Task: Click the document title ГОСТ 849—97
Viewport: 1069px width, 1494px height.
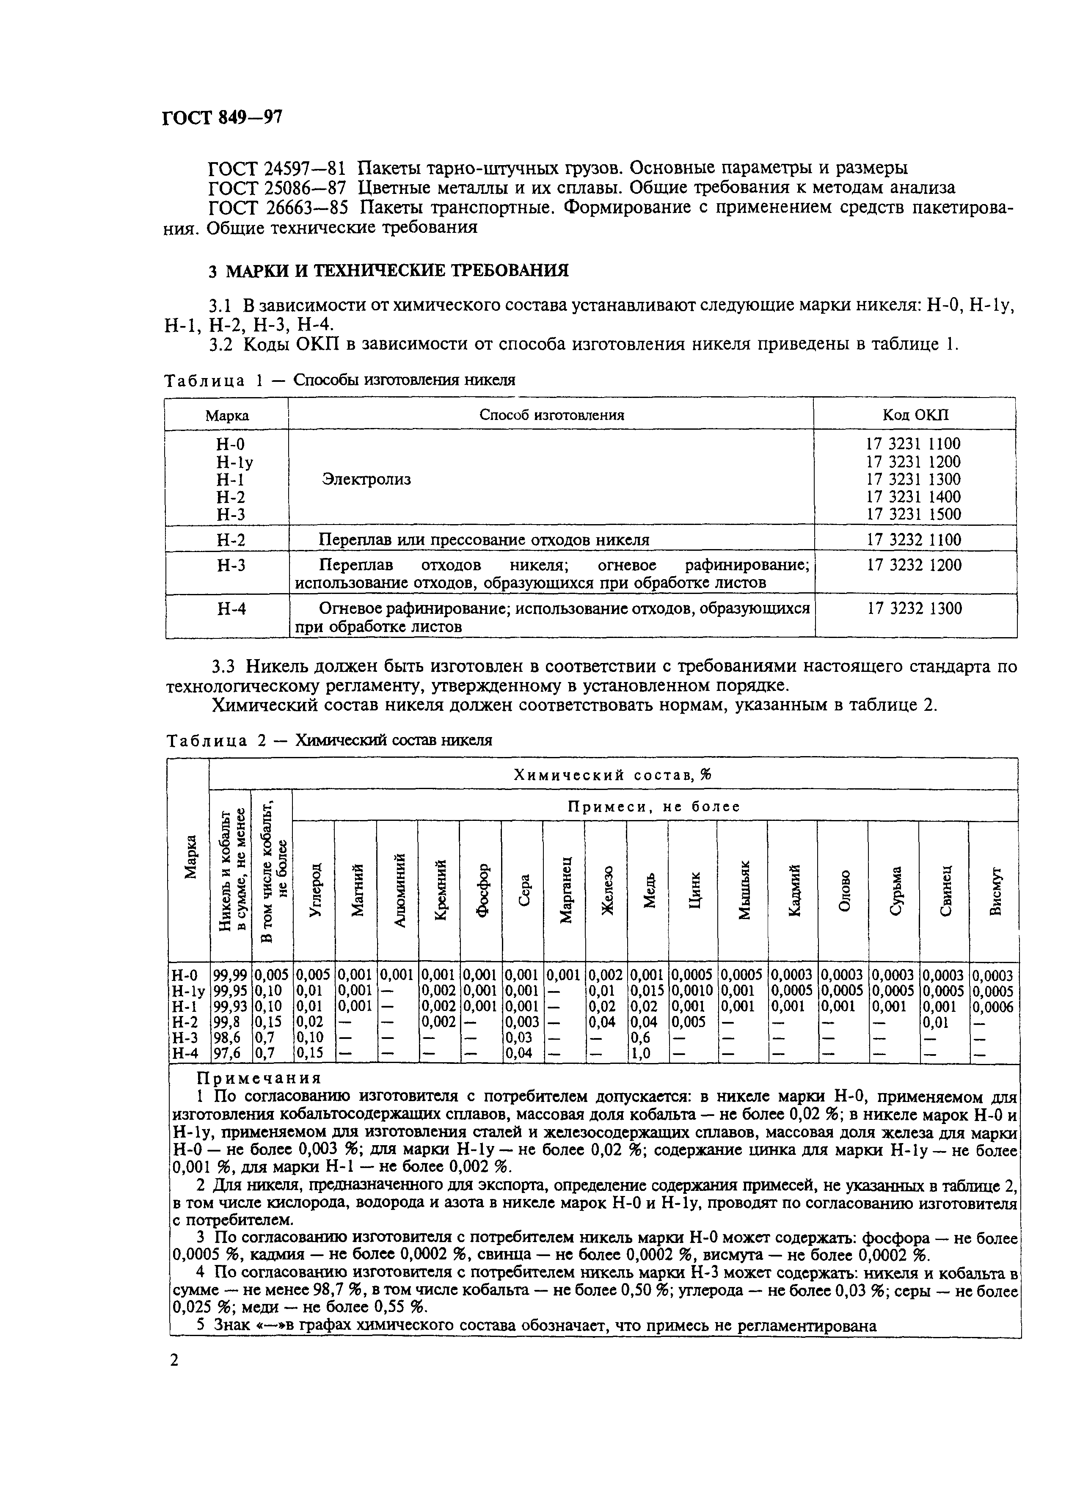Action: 222,118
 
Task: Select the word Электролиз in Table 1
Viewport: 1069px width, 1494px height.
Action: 366,479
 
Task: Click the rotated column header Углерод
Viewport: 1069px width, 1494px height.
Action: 314,889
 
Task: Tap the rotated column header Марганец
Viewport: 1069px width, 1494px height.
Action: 565,889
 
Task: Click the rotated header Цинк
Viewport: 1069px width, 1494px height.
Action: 693,889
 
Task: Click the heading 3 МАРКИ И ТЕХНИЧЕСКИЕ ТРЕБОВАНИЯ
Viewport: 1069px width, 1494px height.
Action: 388,271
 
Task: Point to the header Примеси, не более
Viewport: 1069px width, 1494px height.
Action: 654,806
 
